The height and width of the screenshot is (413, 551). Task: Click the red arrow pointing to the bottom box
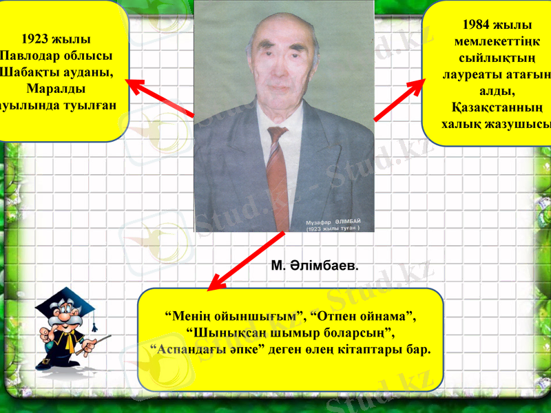point(247,261)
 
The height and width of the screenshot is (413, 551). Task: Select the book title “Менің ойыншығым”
point(235,316)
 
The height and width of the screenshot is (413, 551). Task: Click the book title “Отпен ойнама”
point(364,316)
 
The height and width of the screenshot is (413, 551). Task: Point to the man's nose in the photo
point(279,67)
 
